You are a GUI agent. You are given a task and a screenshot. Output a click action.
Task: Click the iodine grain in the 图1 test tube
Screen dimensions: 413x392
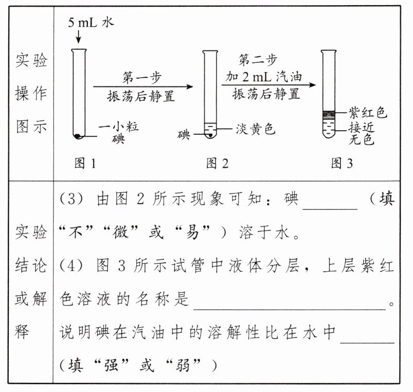coord(78,136)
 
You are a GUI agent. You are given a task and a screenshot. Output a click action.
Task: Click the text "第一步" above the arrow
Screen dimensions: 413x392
coord(141,78)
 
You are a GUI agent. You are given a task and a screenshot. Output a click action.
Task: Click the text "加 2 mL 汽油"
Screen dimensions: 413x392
coord(264,78)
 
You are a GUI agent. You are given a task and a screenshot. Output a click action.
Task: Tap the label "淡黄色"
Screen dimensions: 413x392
coord(256,128)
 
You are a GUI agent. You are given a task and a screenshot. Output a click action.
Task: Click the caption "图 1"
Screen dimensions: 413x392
coord(85,164)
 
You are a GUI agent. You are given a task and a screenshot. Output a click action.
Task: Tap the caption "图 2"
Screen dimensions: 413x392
coord(217,164)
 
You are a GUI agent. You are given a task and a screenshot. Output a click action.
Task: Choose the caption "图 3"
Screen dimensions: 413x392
coord(342,164)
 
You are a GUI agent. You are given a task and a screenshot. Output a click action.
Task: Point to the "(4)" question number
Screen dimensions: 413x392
coord(71,266)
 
